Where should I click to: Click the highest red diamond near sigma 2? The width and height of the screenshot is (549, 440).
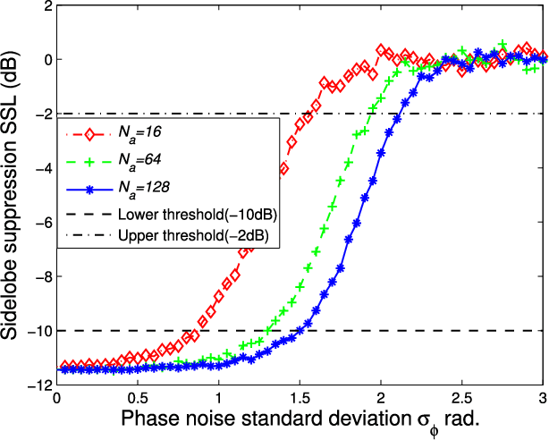click(x=381, y=50)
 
